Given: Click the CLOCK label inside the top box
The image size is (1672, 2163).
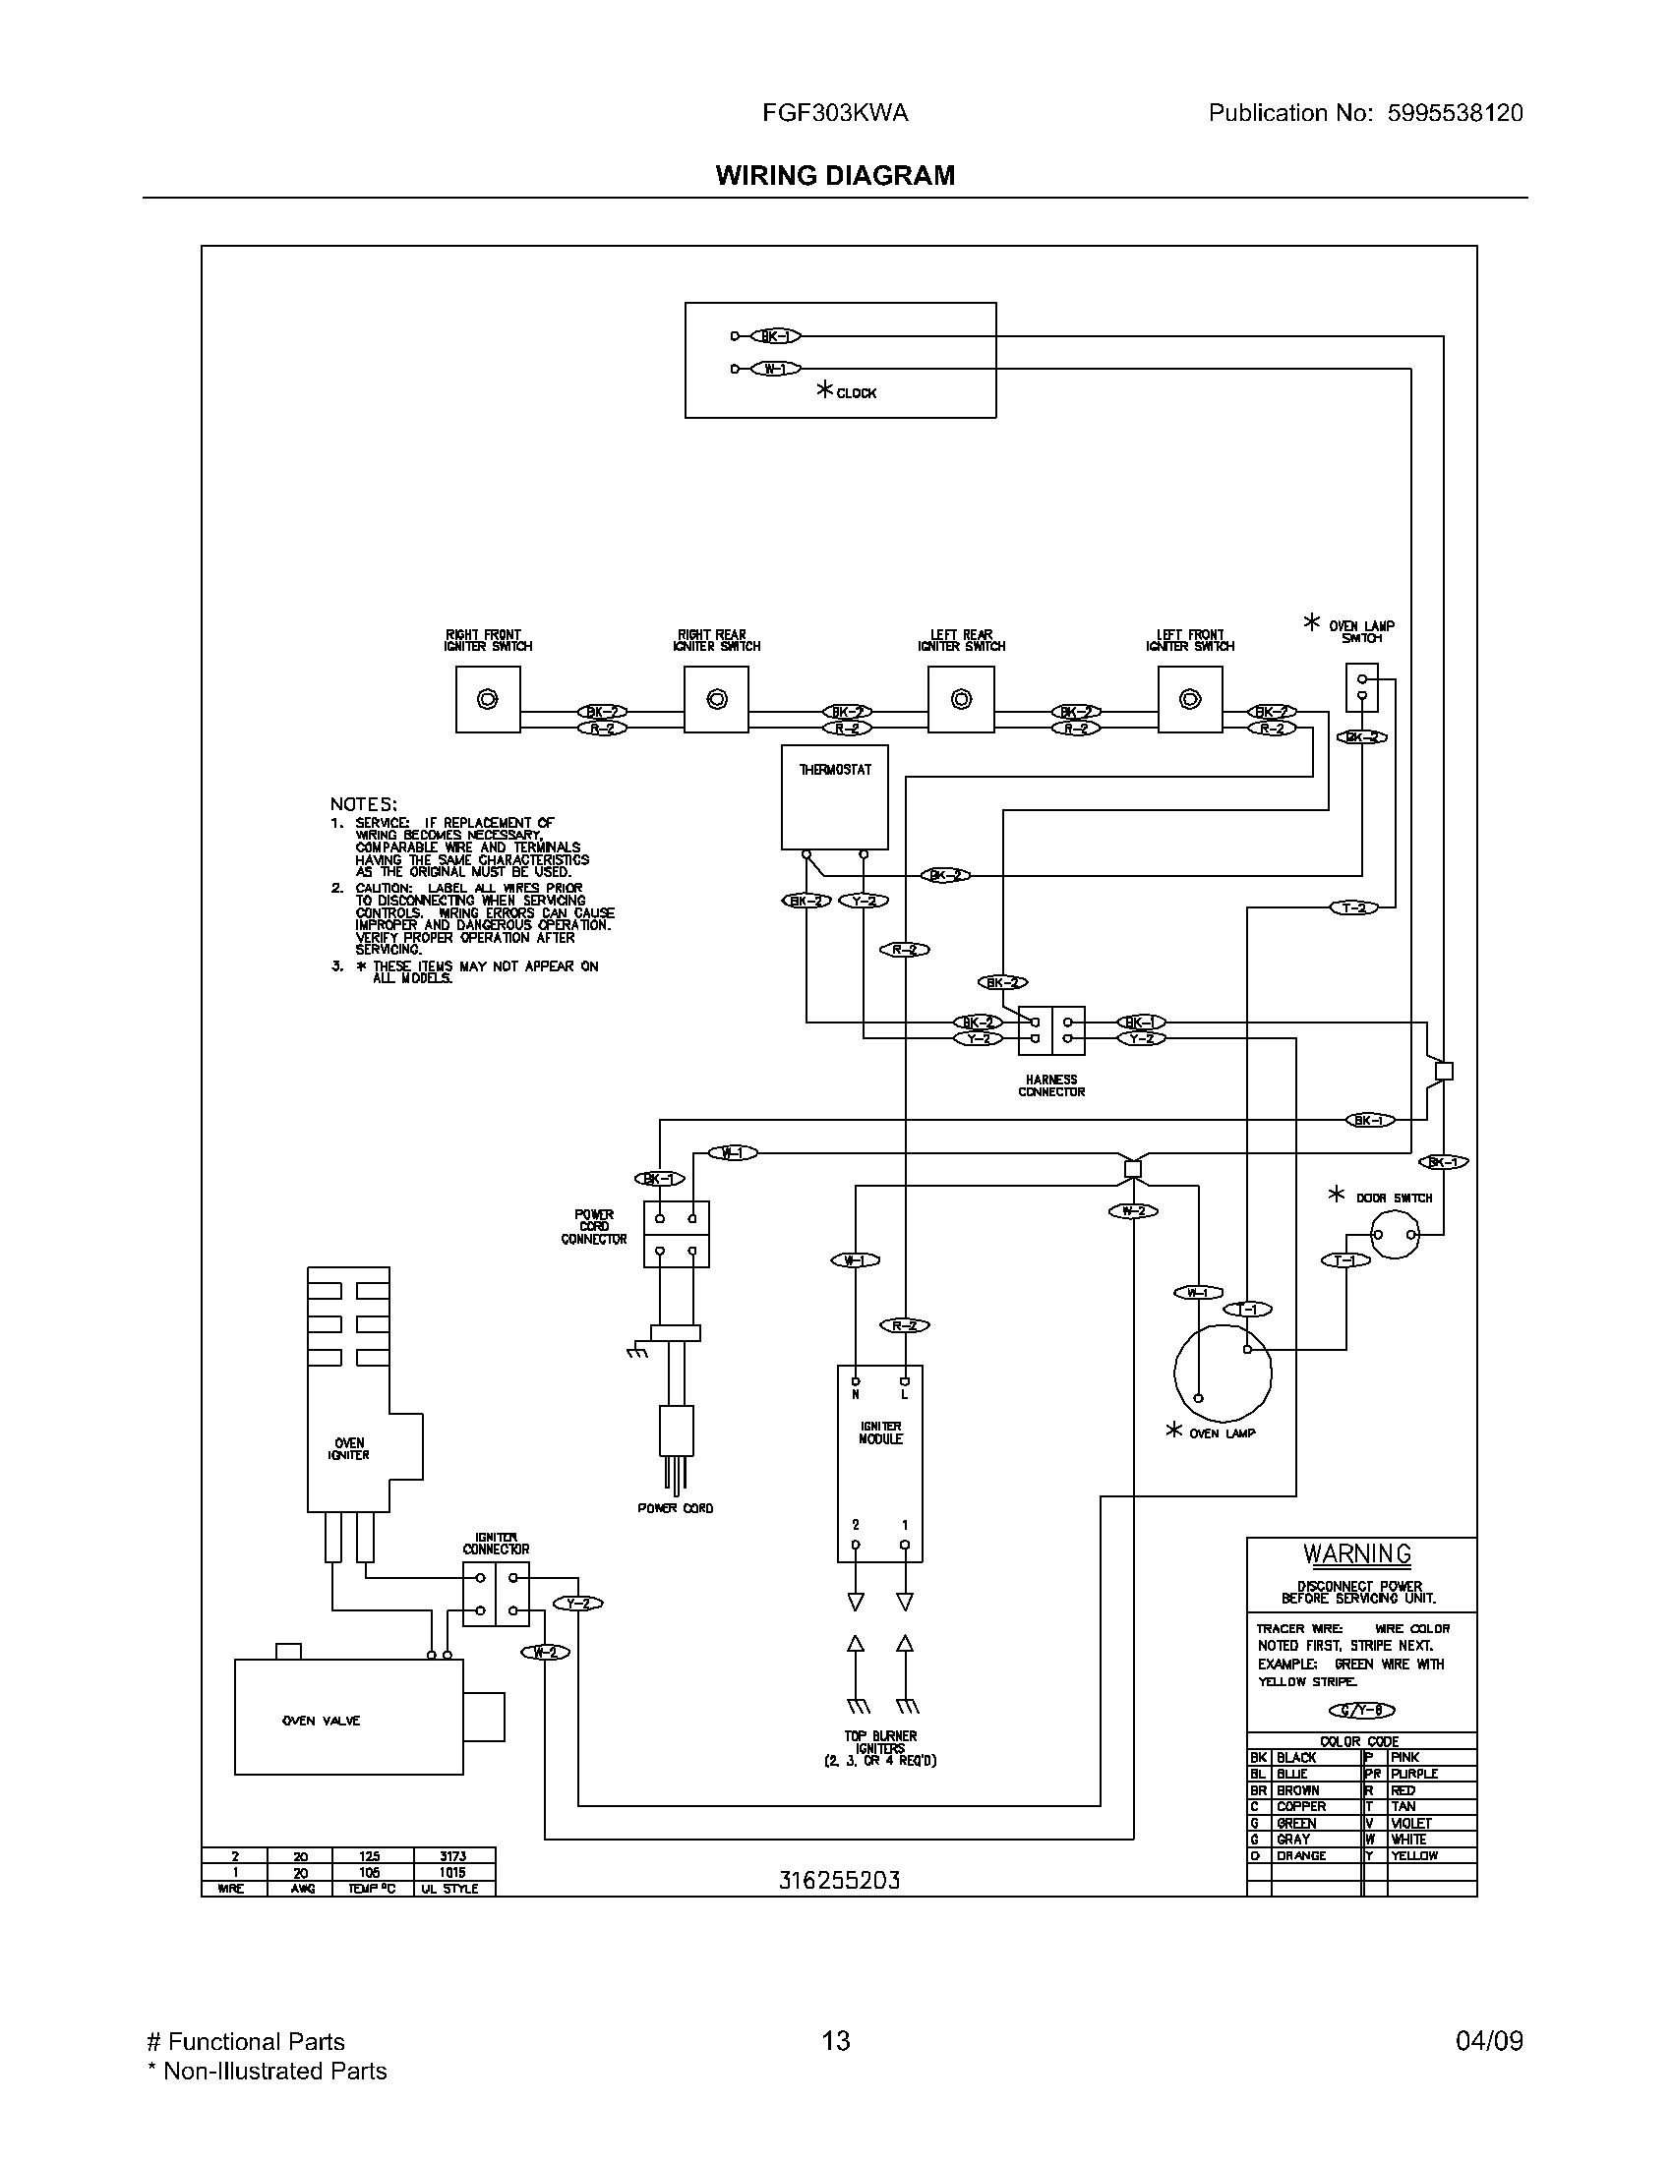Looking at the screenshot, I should pyautogui.click(x=856, y=393).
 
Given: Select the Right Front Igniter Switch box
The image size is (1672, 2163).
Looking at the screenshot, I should pyautogui.click(x=487, y=699).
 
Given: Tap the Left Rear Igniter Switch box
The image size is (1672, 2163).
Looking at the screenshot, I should pyautogui.click(x=961, y=699).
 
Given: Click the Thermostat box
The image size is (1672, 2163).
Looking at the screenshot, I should pyautogui.click(x=834, y=797).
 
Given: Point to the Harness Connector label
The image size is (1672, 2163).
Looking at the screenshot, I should pyautogui.click(x=1051, y=1085).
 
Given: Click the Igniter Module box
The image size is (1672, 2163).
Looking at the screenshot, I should pyautogui.click(x=879, y=1464).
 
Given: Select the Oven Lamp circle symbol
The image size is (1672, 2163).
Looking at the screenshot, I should pyautogui.click(x=1223, y=1374).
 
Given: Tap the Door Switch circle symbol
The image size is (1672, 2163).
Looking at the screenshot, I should pyautogui.click(x=1395, y=1235).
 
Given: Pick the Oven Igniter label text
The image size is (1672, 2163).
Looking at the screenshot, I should pyautogui.click(x=349, y=1449).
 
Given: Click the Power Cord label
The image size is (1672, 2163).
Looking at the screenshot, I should pyautogui.click(x=675, y=1508).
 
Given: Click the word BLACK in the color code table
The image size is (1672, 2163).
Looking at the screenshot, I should pyautogui.click(x=1296, y=1757).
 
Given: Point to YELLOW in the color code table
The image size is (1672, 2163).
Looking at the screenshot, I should pyautogui.click(x=1413, y=1855).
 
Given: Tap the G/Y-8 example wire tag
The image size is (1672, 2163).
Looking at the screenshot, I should pyautogui.click(x=1361, y=1711).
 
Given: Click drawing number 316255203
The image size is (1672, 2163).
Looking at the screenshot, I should pyautogui.click(x=839, y=1880).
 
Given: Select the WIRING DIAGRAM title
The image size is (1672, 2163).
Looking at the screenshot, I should pyautogui.click(x=835, y=175).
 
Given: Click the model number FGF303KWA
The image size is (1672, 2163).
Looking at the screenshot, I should pyautogui.click(x=835, y=113).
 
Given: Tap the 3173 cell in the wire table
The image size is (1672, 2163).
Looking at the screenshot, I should pyautogui.click(x=452, y=1856).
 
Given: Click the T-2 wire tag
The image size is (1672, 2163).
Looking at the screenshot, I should pyautogui.click(x=1353, y=907).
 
